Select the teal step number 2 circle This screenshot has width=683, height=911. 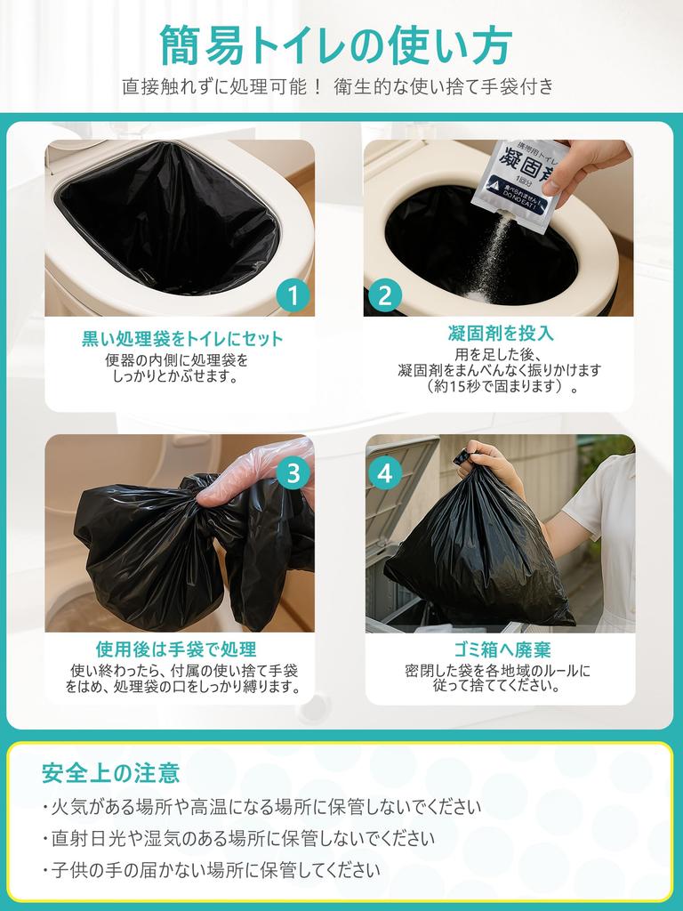(x=384, y=295)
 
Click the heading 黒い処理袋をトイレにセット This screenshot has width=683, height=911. (x=182, y=339)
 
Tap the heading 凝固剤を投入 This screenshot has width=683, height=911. (x=501, y=334)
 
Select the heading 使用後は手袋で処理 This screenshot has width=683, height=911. (x=181, y=649)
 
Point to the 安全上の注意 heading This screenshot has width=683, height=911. (x=110, y=772)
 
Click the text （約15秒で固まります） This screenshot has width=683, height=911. (x=501, y=387)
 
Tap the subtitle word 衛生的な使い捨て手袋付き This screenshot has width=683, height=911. (x=445, y=86)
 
